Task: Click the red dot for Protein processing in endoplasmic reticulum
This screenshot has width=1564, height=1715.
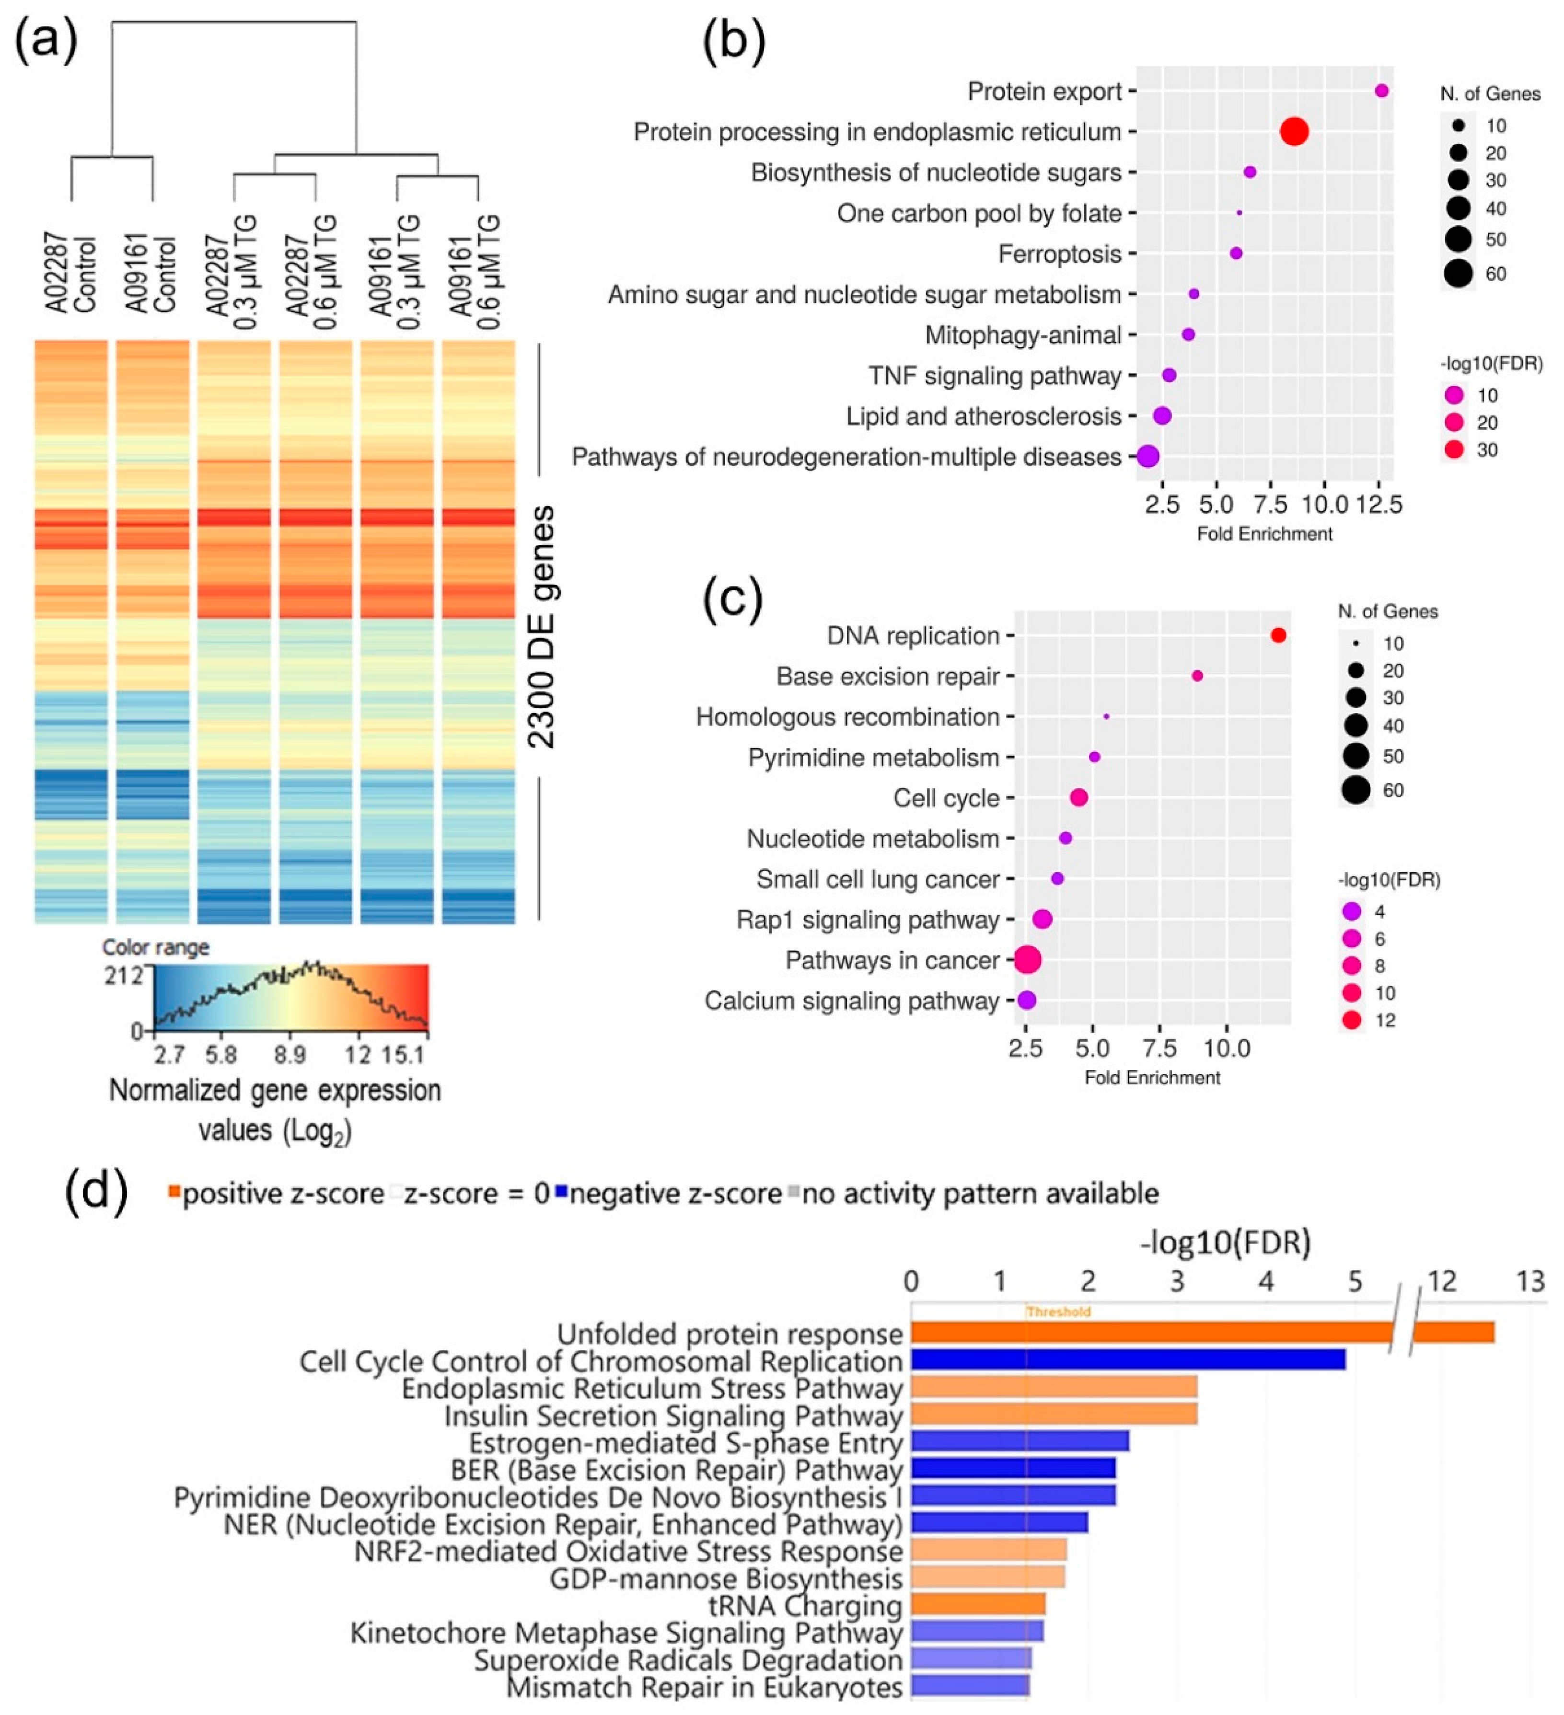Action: (1293, 132)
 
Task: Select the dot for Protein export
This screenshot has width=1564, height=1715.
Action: (1381, 91)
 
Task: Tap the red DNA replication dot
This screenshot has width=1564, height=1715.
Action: (1277, 635)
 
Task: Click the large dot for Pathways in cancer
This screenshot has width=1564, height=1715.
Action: (1027, 960)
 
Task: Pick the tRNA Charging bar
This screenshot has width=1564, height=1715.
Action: (977, 1605)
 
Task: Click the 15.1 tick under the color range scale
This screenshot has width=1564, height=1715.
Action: (403, 1055)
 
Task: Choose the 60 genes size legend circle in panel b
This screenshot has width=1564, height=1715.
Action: (1458, 273)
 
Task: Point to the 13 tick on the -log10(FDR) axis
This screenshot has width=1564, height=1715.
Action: (1530, 1281)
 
